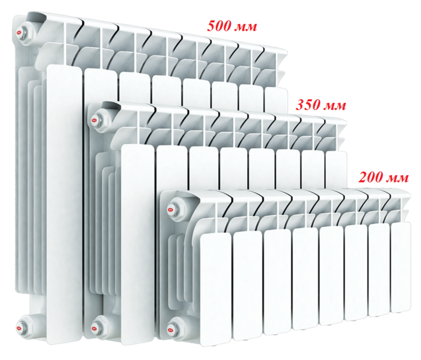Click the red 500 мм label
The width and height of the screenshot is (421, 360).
(x=232, y=26)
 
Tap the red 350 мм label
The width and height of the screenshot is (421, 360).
(x=321, y=105)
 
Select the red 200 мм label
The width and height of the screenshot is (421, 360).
(x=384, y=178)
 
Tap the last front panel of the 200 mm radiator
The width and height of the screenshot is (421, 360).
(x=401, y=267)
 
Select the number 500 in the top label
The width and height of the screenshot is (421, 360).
(x=219, y=26)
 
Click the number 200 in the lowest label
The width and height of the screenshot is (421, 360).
(x=371, y=178)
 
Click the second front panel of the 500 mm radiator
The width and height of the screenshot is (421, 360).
(x=100, y=86)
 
